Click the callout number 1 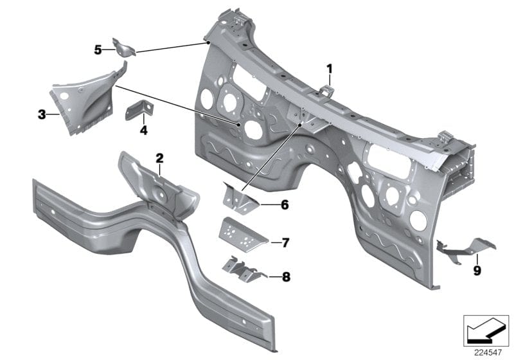pyautogui.click(x=330, y=68)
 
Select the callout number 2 pyautogui.click(x=159, y=158)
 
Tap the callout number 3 pyautogui.click(x=42, y=115)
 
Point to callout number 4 pyautogui.click(x=143, y=130)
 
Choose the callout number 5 pyautogui.click(x=98, y=49)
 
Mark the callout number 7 pyautogui.click(x=285, y=242)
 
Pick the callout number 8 pyautogui.click(x=285, y=277)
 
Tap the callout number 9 pyautogui.click(x=477, y=271)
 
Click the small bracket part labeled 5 pyautogui.click(x=124, y=48)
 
